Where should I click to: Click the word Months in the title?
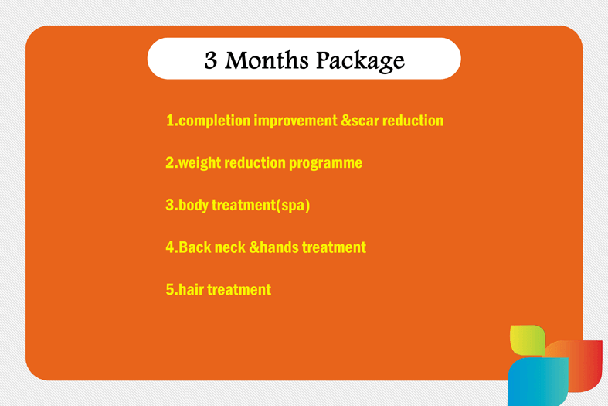coord(267,60)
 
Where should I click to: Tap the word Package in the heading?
coord(361,62)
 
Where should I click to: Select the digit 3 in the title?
coord(211,60)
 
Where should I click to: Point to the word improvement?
coord(295,121)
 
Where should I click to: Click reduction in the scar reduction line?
coord(413,121)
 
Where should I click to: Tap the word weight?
coord(199,163)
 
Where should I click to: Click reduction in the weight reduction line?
coord(255,162)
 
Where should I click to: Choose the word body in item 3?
coord(193,206)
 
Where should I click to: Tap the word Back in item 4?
coord(195,247)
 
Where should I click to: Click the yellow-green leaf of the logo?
coord(528,339)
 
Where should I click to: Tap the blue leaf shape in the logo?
coord(538,382)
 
